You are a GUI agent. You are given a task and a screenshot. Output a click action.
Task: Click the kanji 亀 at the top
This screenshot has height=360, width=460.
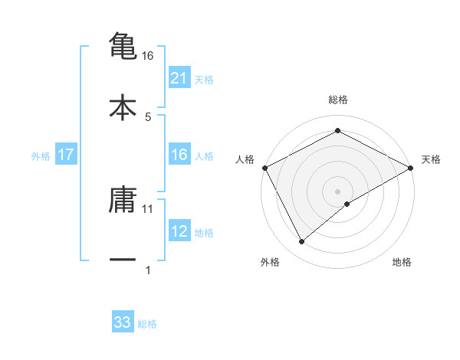(123, 45)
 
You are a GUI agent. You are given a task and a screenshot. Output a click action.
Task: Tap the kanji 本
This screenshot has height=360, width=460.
(123, 106)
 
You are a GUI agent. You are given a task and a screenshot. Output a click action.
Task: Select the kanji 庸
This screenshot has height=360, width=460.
(123, 199)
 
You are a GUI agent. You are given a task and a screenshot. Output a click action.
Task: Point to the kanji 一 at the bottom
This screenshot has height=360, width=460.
(123, 260)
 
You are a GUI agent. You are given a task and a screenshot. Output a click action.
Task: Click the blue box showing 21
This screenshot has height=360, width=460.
(179, 77)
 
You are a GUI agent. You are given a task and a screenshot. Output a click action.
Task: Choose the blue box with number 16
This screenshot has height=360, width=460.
(179, 155)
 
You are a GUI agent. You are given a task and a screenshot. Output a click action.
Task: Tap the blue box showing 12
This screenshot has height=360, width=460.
(179, 231)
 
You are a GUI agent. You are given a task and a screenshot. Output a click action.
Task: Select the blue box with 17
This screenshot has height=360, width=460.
(66, 155)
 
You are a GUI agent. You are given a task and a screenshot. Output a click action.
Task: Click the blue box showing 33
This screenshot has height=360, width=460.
(123, 322)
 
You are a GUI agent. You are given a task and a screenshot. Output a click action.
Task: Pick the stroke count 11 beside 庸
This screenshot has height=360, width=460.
(148, 208)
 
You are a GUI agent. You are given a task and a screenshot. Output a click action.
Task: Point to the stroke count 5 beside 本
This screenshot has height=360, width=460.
(148, 116)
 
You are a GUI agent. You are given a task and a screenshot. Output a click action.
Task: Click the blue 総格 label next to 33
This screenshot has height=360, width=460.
(147, 324)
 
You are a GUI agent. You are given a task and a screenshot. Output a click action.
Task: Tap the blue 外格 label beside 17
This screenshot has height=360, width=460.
(41, 155)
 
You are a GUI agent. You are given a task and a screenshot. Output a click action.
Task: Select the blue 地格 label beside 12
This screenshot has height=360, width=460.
(204, 232)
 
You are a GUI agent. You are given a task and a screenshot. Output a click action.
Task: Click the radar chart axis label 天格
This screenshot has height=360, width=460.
(432, 159)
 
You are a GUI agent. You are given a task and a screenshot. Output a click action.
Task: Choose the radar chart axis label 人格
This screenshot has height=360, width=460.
(245, 159)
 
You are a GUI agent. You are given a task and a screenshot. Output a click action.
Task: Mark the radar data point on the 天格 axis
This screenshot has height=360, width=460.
(411, 168)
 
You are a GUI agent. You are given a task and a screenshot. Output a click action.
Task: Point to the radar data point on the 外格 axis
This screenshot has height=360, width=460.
(302, 241)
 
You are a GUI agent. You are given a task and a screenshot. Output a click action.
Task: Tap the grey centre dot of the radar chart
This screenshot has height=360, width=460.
(338, 191)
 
